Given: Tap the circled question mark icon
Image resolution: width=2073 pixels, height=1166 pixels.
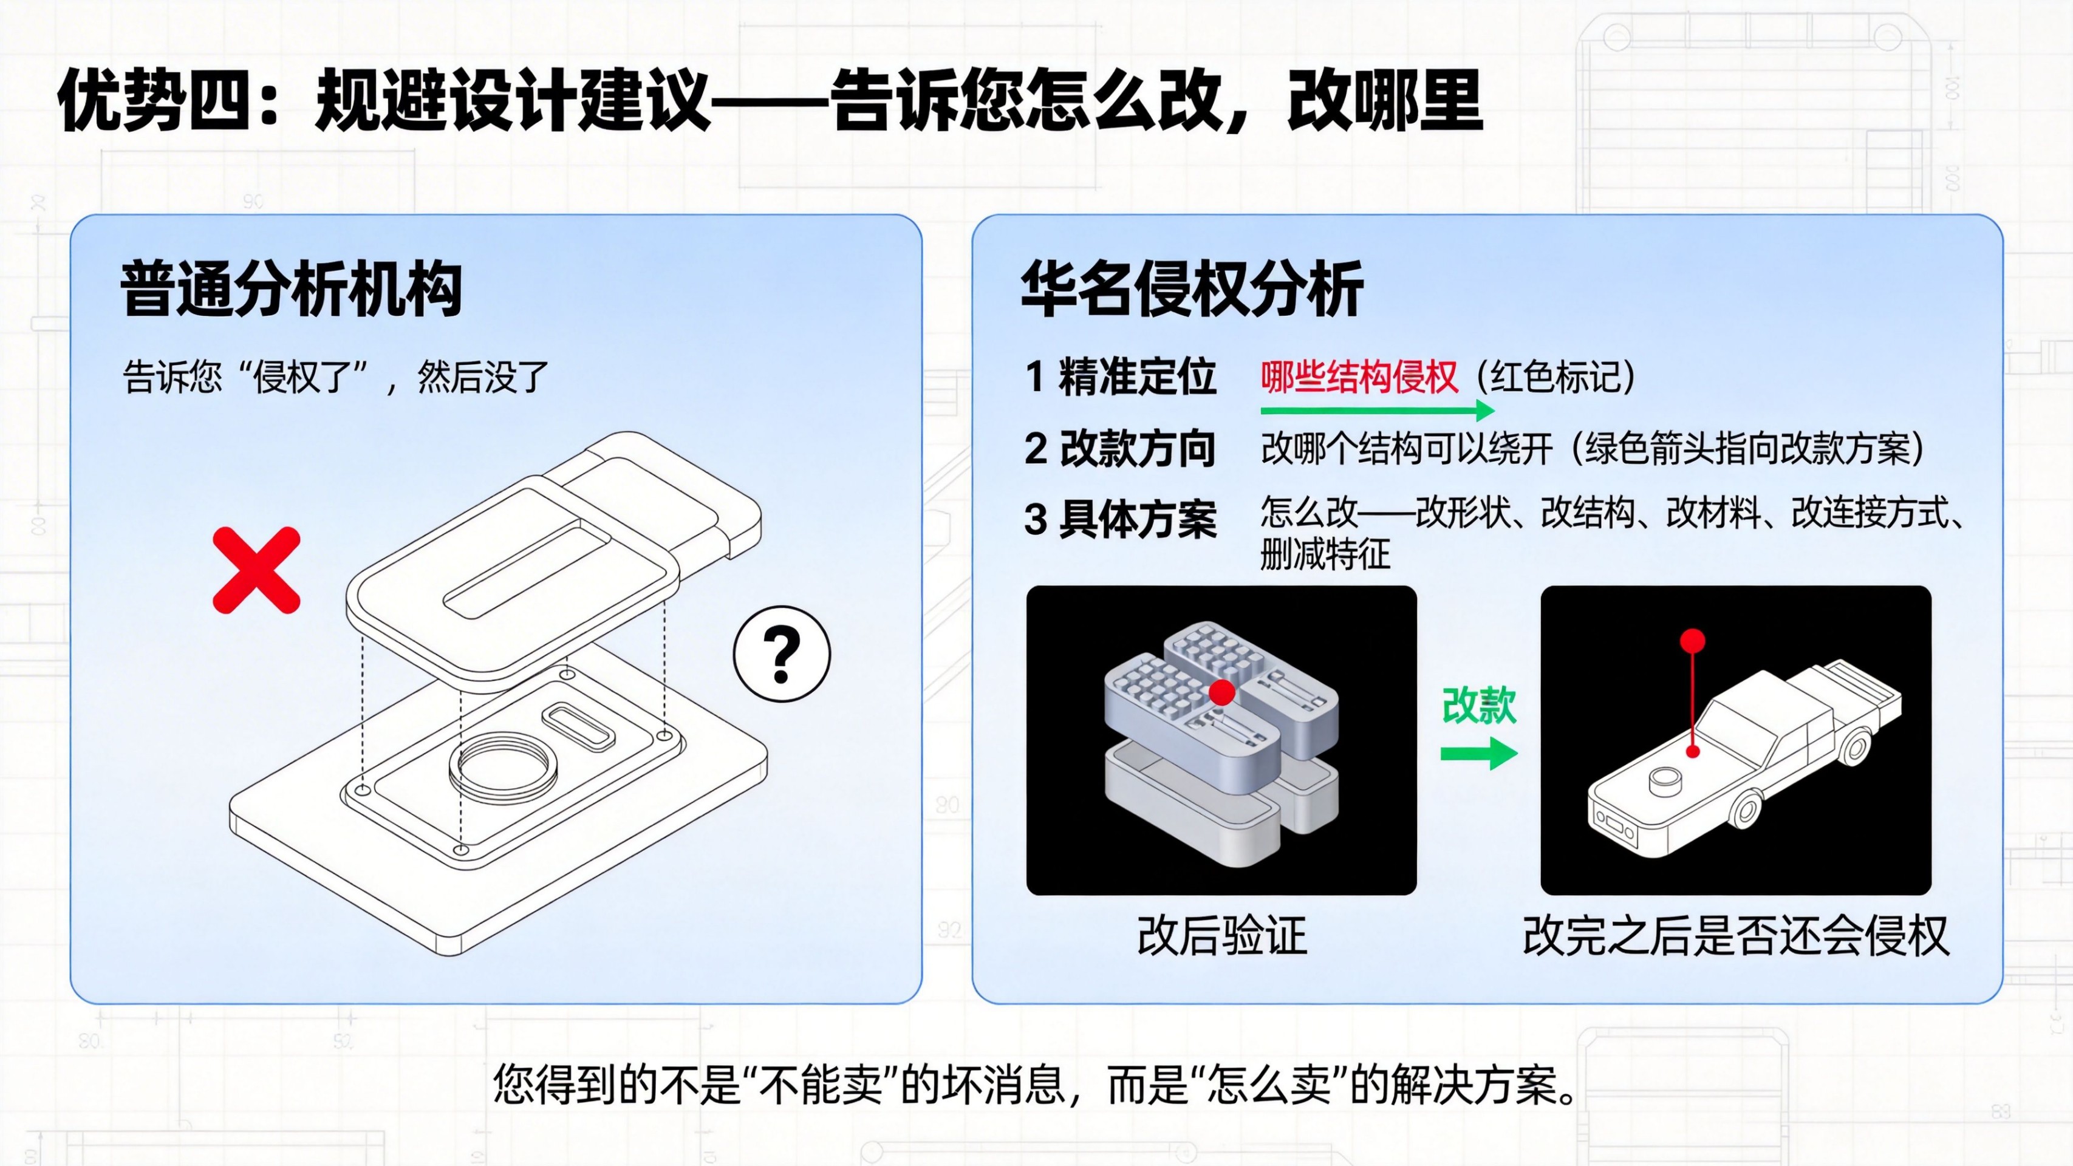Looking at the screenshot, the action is tap(781, 654).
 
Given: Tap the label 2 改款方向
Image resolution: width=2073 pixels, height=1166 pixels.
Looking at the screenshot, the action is tap(1120, 448).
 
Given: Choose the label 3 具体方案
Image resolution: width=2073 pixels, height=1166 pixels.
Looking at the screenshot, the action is tap(1120, 519).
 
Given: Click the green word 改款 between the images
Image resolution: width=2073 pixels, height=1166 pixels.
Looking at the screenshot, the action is tap(1479, 706).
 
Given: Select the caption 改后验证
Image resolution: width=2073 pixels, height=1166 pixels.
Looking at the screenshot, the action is tap(1221, 936).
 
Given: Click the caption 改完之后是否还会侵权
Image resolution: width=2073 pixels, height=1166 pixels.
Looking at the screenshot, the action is tap(1736, 936).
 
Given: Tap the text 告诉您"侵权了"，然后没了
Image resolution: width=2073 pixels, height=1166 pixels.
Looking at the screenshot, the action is tap(335, 377).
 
